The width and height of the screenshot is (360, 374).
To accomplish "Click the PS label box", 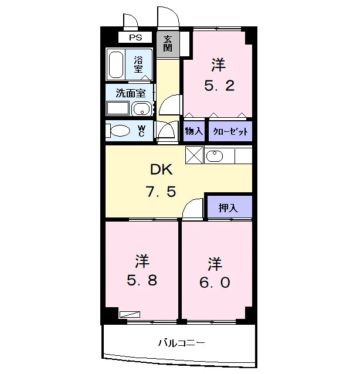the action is click(135, 38).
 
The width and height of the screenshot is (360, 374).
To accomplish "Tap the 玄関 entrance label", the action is click(168, 43).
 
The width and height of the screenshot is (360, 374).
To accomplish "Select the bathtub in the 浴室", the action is click(116, 64).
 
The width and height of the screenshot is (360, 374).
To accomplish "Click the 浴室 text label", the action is click(138, 64).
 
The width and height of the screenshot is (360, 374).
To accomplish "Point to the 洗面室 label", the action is click(131, 93).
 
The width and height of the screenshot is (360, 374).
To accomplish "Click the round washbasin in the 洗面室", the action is click(142, 109).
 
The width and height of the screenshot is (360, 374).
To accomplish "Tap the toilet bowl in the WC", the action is click(120, 131).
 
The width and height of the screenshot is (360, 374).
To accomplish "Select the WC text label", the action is click(141, 131).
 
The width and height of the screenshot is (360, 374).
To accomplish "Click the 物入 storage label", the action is click(194, 131).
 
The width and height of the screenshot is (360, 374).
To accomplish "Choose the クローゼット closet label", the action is click(230, 131).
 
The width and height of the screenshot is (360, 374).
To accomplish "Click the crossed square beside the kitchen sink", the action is click(195, 155).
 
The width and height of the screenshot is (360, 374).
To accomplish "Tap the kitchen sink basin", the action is click(215, 157).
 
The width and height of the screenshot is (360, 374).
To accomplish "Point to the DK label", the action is click(161, 169).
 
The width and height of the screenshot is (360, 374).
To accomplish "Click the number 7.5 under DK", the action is click(161, 192).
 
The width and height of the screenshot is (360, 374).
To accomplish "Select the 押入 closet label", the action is click(228, 208).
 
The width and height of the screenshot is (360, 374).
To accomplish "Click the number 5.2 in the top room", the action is click(219, 86).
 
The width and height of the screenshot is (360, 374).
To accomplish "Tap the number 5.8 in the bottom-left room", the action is click(142, 280).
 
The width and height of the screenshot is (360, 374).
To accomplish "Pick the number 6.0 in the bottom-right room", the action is click(215, 282).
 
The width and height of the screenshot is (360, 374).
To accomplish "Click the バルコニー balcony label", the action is click(182, 343).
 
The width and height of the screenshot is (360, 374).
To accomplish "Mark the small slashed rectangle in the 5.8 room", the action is click(130, 314).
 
